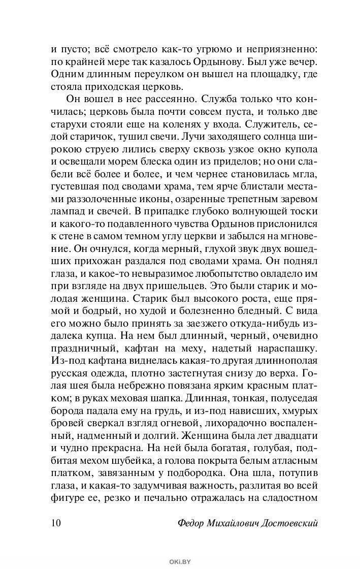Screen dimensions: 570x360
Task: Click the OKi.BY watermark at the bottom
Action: click(180, 560)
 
